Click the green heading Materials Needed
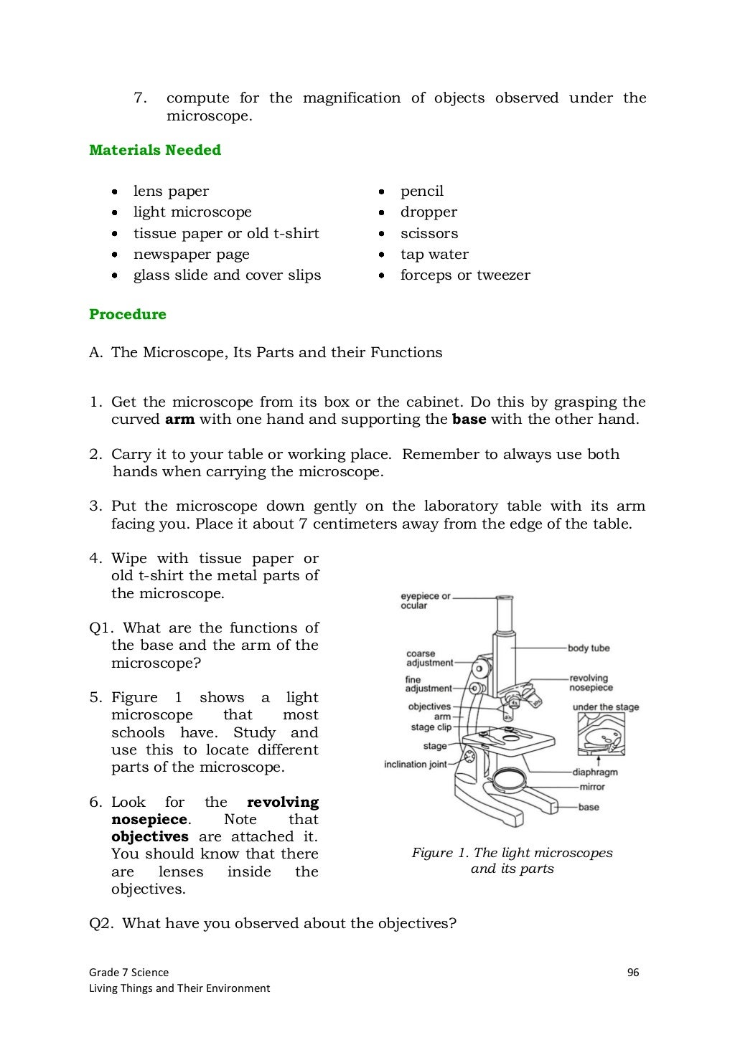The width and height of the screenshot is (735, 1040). point(154,150)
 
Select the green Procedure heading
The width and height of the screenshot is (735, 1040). point(127,314)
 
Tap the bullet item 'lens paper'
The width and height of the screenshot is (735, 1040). point(171,191)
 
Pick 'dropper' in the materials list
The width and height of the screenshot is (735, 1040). point(429,212)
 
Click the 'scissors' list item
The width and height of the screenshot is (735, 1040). point(429,233)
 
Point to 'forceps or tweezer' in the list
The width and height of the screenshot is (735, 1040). point(465,275)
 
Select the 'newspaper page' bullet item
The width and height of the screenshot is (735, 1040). point(191,254)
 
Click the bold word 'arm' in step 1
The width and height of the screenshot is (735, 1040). point(179,420)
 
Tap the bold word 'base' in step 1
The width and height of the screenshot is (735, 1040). point(469,420)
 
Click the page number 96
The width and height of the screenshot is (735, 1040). point(632,973)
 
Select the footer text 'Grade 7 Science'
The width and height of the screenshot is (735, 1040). point(128,973)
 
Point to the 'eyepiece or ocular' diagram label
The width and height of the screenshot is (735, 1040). point(425,601)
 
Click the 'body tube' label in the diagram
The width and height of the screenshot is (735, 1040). point(588,648)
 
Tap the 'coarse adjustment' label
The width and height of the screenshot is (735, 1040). point(429,658)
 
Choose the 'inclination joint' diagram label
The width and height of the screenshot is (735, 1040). point(415,765)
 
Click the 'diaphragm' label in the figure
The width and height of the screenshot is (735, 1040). point(594,772)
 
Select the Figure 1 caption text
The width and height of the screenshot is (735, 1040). point(512,861)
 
